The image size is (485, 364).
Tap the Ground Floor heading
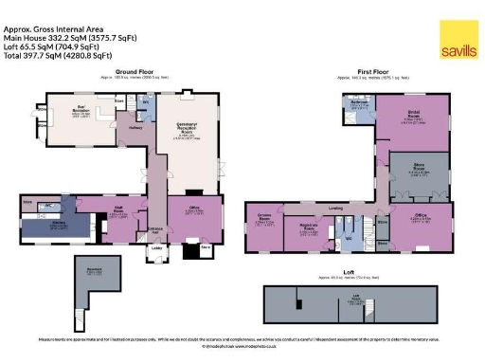tap(135, 72)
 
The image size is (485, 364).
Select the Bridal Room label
tap(414, 118)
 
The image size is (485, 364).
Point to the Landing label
tap(335, 207)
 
